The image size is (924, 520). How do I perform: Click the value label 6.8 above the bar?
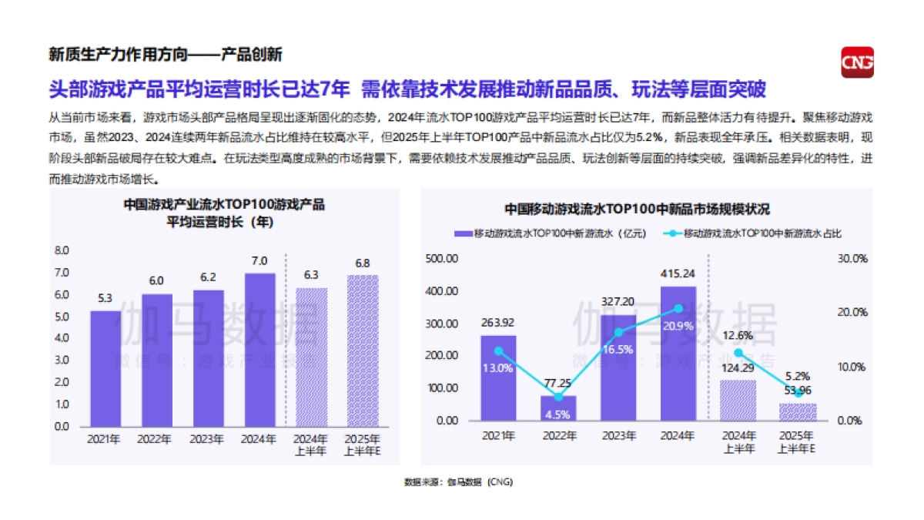[x=363, y=263]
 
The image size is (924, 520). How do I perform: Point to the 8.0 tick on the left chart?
[x=62, y=251]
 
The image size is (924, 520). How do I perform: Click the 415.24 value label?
[x=678, y=273]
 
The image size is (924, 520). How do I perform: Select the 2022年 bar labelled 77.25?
[x=558, y=408]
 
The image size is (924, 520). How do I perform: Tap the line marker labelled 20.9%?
[x=678, y=308]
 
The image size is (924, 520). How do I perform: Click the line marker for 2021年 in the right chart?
[x=498, y=351]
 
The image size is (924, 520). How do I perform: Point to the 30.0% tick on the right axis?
[x=852, y=259]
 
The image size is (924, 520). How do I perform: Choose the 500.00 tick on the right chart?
[x=442, y=259]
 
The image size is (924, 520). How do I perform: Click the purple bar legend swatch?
[x=463, y=233]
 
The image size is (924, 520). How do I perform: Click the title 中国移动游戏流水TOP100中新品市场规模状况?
[x=638, y=209]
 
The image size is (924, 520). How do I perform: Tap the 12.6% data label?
[x=738, y=335]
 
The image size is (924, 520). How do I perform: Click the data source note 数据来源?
[x=458, y=482]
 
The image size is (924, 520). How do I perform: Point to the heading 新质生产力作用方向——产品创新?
[x=165, y=54]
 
